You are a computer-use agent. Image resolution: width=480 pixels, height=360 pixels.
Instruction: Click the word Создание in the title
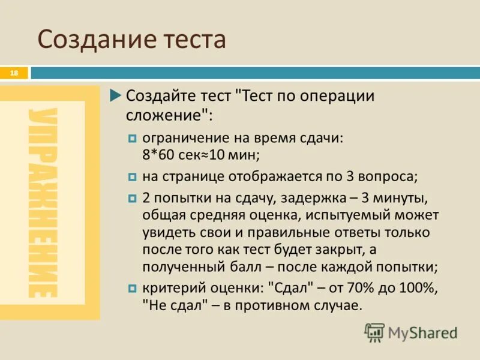coord(97,40)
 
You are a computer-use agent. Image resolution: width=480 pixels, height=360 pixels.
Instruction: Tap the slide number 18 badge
coord(14,73)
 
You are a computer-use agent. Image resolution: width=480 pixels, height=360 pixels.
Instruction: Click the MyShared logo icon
coord(375,332)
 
